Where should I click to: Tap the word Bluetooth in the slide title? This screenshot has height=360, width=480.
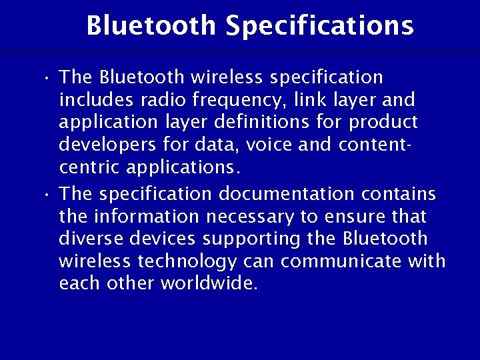[151, 26]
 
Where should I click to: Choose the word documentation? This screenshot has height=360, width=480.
[287, 193]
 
